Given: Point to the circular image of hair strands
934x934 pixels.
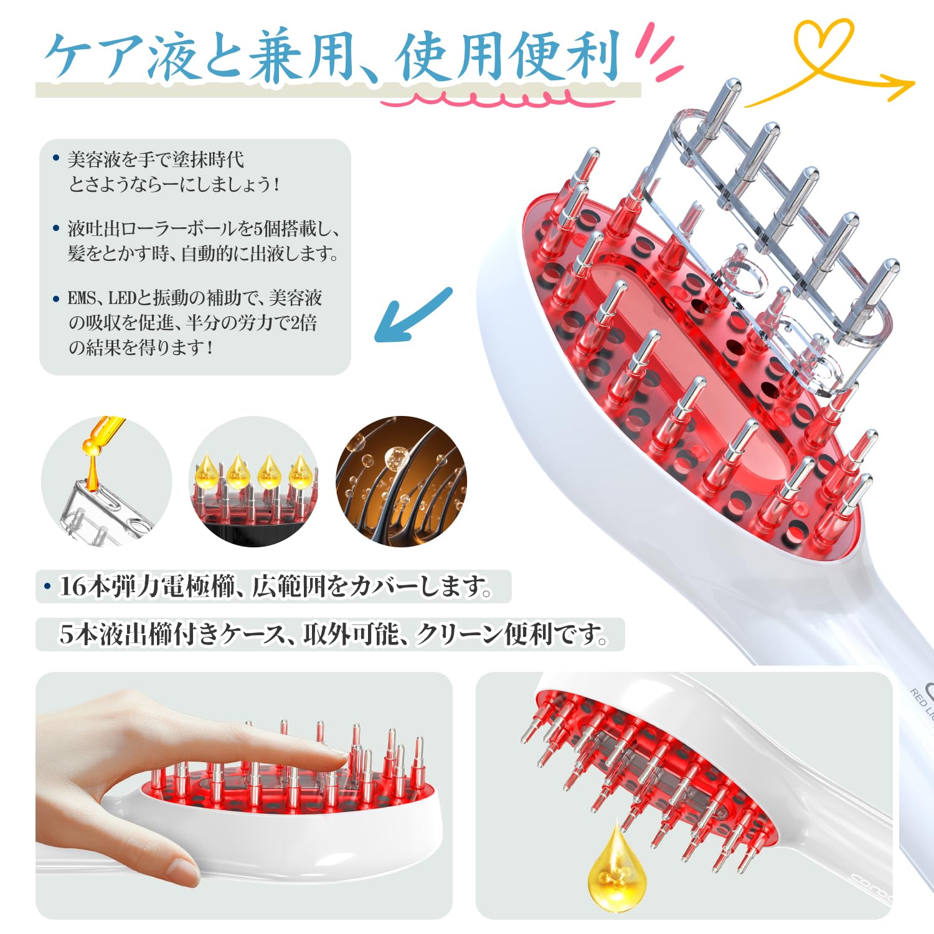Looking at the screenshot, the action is click(x=401, y=481).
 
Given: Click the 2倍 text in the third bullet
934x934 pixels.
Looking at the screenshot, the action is click(x=304, y=323).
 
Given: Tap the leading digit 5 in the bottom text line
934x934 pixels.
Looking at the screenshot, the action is click(x=67, y=634).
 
